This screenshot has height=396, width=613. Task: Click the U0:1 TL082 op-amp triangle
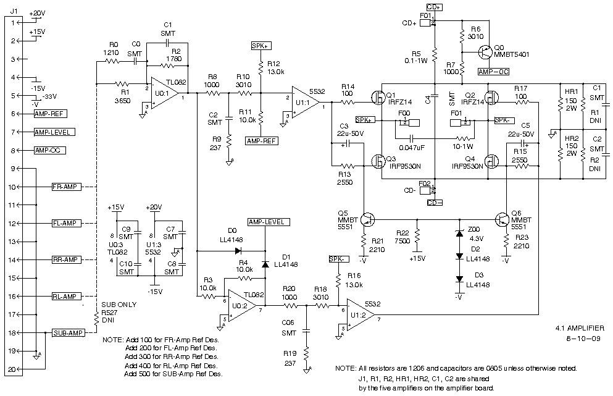click(164, 93)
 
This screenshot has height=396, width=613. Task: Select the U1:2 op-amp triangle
click(360, 314)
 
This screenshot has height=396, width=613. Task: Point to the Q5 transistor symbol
click(367, 219)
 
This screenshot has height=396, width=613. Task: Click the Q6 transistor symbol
click(502, 219)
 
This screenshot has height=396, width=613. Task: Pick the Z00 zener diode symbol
click(459, 234)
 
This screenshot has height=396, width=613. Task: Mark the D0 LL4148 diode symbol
click(238, 250)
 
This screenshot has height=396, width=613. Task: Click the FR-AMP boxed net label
click(67, 187)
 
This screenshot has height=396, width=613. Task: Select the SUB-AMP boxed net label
click(68, 333)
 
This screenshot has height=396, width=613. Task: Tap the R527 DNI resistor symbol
click(96, 319)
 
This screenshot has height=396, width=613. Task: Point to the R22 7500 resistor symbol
click(417, 236)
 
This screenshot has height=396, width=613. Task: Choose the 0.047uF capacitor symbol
click(411, 138)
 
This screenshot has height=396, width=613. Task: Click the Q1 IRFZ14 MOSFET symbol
click(378, 98)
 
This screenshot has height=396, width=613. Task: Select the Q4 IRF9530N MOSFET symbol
click(491, 161)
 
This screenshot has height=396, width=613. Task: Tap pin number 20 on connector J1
click(12, 369)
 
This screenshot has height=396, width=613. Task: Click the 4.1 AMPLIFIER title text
click(580, 328)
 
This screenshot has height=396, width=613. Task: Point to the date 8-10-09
click(583, 339)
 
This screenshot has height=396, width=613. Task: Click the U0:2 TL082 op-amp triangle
click(242, 306)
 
